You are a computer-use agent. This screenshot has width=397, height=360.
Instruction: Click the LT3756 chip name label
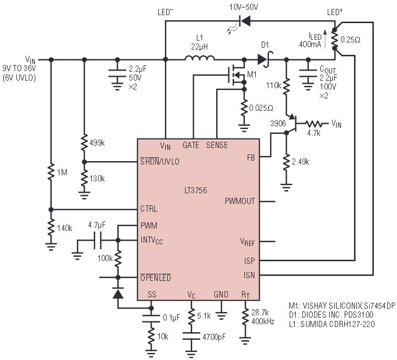pyautogui.click(x=195, y=190)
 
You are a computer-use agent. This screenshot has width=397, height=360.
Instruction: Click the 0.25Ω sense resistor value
pyautogui.click(x=350, y=40)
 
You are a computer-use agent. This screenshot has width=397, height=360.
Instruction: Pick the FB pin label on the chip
pyautogui.click(x=251, y=158)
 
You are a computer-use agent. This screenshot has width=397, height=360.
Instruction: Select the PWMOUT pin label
pyautogui.click(x=240, y=201)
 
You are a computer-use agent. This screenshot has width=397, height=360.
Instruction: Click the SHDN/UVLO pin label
pyautogui.click(x=160, y=161)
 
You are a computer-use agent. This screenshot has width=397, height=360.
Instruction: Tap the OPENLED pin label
pyautogui.click(x=155, y=278)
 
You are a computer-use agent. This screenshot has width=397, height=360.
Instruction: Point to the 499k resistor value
pyautogui.click(x=97, y=143)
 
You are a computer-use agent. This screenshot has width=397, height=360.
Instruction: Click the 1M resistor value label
pyautogui.click(x=62, y=172)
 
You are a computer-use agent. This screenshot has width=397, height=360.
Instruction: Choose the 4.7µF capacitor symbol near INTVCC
pyautogui.click(x=97, y=240)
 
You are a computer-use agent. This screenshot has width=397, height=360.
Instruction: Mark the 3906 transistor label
pyautogui.click(x=278, y=123)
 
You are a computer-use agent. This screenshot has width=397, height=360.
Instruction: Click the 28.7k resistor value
pyautogui.click(x=260, y=312)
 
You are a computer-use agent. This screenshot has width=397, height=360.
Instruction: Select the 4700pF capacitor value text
pyautogui.click(x=214, y=337)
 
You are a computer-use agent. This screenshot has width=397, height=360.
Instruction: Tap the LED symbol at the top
pyautogui.click(x=244, y=21)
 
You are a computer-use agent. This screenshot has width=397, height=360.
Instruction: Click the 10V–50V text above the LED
pyautogui.click(x=243, y=7)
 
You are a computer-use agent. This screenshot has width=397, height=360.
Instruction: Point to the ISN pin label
pyautogui.click(x=249, y=275)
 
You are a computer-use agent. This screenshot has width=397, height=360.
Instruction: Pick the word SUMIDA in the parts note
pyautogui.click(x=314, y=324)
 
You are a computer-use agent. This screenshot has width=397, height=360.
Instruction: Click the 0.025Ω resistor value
pyautogui.click(x=261, y=108)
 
